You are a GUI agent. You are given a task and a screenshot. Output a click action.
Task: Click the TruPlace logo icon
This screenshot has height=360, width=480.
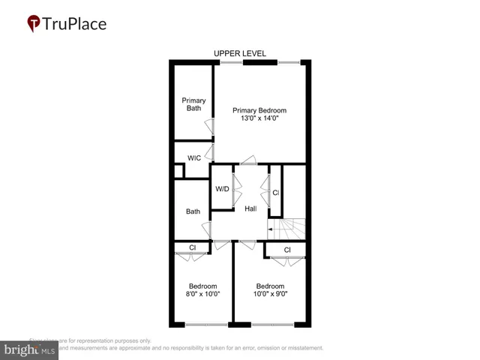pyautogui.click(x=34, y=23)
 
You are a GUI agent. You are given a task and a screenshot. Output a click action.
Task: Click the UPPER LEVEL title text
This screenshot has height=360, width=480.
pyautogui.click(x=240, y=54)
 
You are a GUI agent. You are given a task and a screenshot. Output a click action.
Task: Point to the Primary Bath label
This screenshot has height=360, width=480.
pyautogui.click(x=193, y=104)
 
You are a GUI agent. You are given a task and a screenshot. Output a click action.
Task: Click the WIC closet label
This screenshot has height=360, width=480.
pyautogui.click(x=194, y=158)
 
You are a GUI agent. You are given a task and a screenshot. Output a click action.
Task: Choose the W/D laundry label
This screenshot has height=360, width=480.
pyautogui.click(x=222, y=189)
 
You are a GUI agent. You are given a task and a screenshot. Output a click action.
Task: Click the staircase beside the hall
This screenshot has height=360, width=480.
pyautogui.click(x=289, y=228)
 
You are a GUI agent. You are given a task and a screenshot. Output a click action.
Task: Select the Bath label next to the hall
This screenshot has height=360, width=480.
pyautogui.click(x=193, y=211)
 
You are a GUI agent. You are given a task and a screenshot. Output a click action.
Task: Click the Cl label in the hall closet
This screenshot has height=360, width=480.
pyautogui.click(x=275, y=193)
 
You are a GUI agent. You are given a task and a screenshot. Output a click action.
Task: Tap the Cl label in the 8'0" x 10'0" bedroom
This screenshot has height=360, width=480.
pyautogui.click(x=193, y=247)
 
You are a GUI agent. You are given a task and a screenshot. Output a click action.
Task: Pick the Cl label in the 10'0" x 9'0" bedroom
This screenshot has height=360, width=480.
pyautogui.click(x=287, y=250)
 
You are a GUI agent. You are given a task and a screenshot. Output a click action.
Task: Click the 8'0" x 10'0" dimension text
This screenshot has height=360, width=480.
pyautogui.click(x=202, y=294)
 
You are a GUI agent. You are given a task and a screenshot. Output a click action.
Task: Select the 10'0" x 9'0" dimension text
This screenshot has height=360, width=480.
pyautogui.click(x=271, y=294)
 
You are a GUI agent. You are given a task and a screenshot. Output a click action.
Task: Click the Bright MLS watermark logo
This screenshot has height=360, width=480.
pyautogui.click(x=30, y=349)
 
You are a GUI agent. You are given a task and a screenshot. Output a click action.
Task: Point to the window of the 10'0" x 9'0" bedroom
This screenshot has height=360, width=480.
pyautogui.click(x=272, y=325)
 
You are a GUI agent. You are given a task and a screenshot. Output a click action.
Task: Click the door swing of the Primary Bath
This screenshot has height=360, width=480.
pyautogui.click(x=211, y=127)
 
